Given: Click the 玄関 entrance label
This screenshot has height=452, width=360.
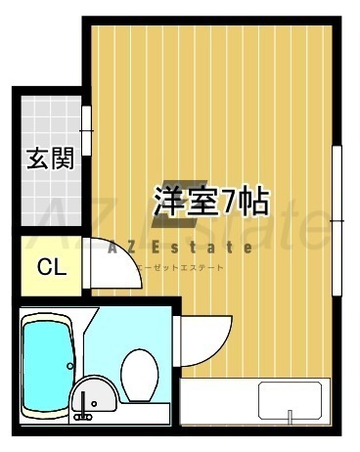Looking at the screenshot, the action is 50,158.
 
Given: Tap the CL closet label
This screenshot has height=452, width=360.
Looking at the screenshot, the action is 52,267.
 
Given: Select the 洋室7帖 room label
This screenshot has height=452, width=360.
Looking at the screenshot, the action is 212,202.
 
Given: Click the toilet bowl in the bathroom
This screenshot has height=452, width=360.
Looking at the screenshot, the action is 140,375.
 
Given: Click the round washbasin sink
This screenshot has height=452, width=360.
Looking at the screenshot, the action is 94,394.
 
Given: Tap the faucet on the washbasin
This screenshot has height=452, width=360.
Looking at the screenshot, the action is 83,408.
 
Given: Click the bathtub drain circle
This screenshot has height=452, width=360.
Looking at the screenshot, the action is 70,366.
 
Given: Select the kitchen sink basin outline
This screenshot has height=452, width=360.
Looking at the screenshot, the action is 290,400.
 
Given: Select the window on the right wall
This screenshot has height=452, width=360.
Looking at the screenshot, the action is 337,221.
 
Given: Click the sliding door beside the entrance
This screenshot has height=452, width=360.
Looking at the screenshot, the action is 86,130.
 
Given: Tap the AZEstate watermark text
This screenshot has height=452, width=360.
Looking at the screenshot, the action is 180,248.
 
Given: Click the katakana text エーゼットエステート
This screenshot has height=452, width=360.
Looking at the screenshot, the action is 180,268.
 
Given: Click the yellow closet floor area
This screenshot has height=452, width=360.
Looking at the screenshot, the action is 51,266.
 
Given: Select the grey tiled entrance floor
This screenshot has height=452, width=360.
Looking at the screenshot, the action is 51,160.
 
